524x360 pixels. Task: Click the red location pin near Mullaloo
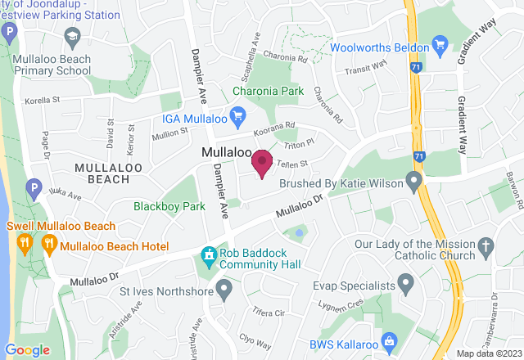pyautogui.click(x=262, y=163)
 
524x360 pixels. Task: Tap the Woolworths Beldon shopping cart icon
pyautogui.click(x=440, y=44)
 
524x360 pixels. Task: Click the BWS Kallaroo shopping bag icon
pyautogui.click(x=390, y=340)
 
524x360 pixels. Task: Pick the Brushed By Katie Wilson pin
pyautogui.click(x=414, y=179)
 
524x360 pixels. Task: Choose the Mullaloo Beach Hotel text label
pyautogui.click(x=115, y=246)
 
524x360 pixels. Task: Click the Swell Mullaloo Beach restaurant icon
pyautogui.click(x=26, y=241)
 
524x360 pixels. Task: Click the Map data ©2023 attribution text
pyautogui.click(x=489, y=353)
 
